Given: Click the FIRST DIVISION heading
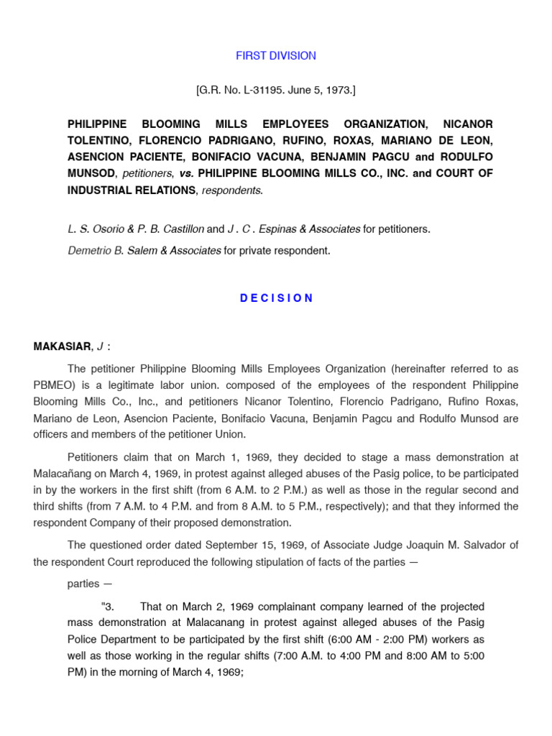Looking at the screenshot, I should pos(276,55).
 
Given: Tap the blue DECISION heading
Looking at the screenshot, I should pos(276,298).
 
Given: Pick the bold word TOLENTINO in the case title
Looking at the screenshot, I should pos(101,140).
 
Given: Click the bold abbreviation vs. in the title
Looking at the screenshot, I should pos(183,173).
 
